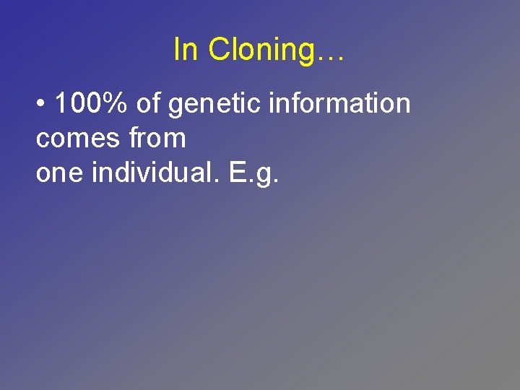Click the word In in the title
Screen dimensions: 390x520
tap(186, 50)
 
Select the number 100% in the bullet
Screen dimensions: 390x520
tap(91, 104)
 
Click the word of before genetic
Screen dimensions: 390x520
tap(148, 104)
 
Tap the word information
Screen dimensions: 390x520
tap(339, 104)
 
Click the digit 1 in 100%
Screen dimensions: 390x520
tap(61, 104)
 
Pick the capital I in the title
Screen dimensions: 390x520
tap(178, 50)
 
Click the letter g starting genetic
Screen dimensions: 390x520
tap(175, 106)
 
